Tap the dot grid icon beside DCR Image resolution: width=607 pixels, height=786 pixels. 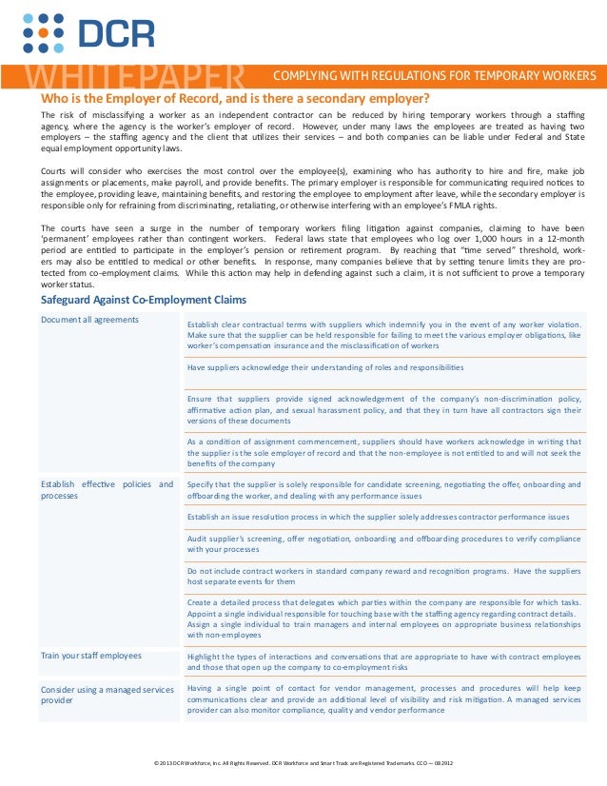coord(43,33)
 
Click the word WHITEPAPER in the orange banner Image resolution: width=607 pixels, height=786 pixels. coord(133,76)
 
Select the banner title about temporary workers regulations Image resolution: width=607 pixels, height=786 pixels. coord(435,75)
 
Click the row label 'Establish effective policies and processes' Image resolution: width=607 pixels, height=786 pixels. coord(107,489)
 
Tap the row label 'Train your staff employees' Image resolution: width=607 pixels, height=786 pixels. coord(90,656)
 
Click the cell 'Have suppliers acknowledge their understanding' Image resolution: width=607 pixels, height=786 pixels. coord(325,366)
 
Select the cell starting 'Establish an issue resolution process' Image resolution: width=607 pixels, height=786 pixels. coord(378,517)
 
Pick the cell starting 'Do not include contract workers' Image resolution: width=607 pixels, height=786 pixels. coord(384,576)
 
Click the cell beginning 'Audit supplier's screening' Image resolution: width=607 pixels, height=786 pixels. coord(384,543)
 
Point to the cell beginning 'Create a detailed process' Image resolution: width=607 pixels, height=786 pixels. coord(384,619)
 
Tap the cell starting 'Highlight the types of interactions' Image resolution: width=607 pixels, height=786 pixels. coord(384,662)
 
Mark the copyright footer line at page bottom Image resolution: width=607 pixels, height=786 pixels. coord(303,763)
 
